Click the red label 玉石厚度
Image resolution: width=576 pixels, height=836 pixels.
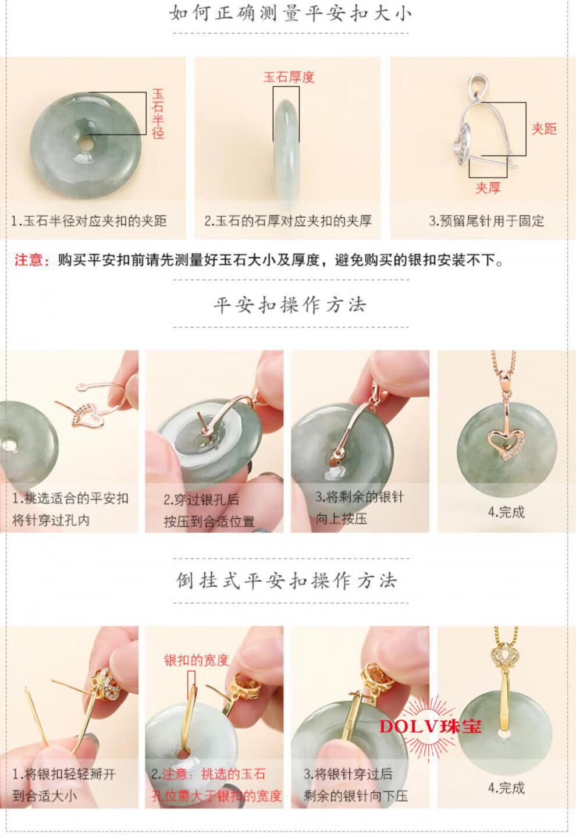tap(289, 77)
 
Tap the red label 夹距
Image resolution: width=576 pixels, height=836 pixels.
tap(544, 129)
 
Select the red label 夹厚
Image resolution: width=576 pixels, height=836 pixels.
tap(488, 187)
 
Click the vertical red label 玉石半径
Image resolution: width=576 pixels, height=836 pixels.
tap(158, 114)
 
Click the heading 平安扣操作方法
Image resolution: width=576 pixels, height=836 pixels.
tap(290, 305)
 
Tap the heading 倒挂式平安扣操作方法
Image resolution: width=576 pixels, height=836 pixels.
tap(286, 580)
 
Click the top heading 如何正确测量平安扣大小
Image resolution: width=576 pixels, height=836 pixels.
tap(290, 14)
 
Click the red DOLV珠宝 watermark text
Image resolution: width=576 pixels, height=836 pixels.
tap(430, 727)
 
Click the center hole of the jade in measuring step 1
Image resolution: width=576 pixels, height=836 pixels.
tap(86, 143)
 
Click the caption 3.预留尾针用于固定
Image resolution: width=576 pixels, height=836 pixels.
tap(486, 221)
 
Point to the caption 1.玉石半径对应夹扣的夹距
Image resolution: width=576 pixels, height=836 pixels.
tap(89, 221)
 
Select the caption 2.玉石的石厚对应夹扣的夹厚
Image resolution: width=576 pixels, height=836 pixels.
tap(288, 221)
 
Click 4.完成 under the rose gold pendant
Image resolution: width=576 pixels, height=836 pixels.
tap(506, 512)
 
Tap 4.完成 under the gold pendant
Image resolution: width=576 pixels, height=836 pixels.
tap(506, 788)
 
